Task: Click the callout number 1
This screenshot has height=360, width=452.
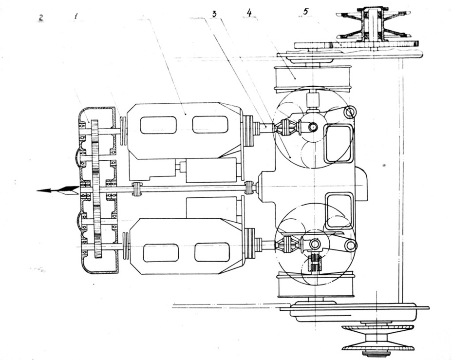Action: click(76, 17)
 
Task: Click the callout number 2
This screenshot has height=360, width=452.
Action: click(41, 18)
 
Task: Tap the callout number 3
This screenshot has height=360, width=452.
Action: click(214, 14)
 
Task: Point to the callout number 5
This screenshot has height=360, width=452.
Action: click(305, 11)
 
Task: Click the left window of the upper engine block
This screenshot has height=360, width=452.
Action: click(158, 125)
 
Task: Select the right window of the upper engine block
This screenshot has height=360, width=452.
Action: click(210, 125)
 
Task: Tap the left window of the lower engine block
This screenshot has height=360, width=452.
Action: click(161, 253)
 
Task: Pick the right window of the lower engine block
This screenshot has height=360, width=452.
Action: click(212, 252)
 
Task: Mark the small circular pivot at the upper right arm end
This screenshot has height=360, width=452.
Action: click(350, 111)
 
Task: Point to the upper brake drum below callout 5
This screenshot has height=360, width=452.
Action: click(313, 78)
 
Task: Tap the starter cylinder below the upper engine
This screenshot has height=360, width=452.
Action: click(211, 170)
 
